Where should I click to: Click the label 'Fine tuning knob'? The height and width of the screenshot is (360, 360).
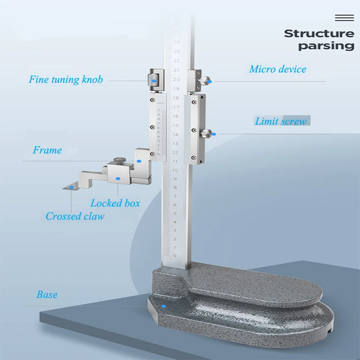(66, 80)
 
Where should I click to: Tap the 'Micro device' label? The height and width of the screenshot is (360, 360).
(278, 69)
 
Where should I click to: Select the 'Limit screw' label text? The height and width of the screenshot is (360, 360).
(280, 121)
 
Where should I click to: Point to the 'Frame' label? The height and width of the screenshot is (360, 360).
(47, 150)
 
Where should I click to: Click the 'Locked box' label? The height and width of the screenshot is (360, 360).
(115, 203)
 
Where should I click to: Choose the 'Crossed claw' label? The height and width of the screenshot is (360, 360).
(75, 216)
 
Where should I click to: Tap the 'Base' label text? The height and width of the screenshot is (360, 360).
(47, 295)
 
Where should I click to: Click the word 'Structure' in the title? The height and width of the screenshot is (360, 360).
(319, 33)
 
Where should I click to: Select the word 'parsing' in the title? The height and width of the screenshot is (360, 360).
(326, 45)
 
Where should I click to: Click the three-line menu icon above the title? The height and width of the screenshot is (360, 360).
(345, 18)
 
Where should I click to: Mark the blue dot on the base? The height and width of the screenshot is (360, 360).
(164, 306)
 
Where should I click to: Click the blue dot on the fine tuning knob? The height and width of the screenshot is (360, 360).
(154, 81)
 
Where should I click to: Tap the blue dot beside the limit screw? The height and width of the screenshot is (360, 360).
(214, 134)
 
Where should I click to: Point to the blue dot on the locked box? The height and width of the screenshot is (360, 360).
(118, 179)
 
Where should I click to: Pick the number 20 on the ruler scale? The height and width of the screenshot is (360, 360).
(176, 79)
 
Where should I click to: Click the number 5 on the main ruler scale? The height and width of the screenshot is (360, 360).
(175, 213)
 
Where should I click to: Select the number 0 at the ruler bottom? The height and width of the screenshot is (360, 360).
(175, 256)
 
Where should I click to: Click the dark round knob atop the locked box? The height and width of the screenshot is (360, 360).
(119, 160)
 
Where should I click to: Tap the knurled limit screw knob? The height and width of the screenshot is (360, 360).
(207, 133)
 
